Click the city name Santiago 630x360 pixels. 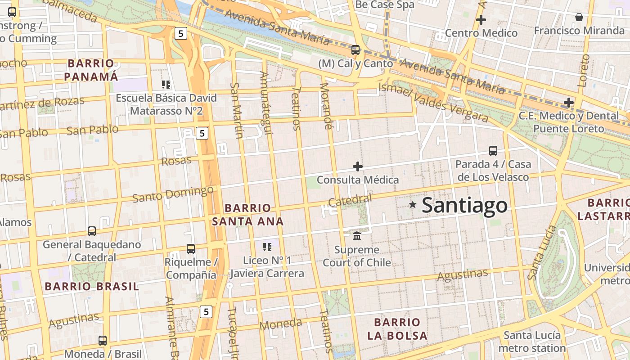464,206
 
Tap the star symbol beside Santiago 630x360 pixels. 412,205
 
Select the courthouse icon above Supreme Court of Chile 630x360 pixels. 357,236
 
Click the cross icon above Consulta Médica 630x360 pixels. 358,166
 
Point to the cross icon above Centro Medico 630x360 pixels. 481,20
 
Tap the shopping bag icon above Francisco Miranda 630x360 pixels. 579,17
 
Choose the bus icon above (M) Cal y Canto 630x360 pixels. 355,50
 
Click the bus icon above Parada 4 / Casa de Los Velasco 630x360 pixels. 493,151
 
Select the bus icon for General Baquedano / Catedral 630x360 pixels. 92,231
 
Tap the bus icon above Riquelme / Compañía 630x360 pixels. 191,248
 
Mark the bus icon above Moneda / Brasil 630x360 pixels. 103,341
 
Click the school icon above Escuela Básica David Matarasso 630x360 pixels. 166,85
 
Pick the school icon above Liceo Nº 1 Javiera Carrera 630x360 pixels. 267,247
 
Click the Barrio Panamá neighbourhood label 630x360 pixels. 91,70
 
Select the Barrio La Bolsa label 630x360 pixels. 397,329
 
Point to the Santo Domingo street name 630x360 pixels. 173,194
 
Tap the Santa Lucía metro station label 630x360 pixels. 532,342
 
